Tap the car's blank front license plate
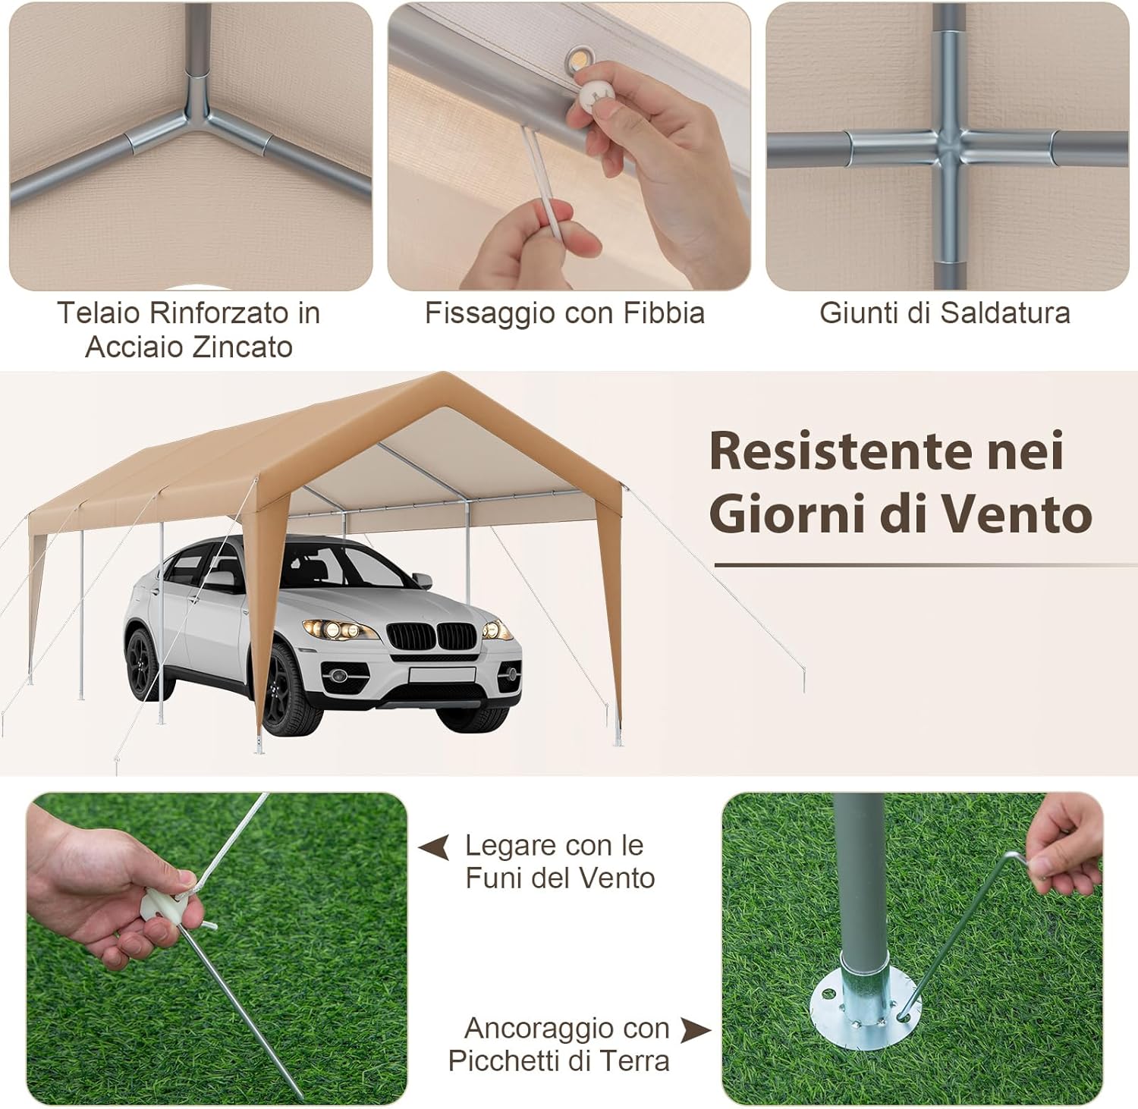tap(442, 675)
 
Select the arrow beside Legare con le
tap(435, 847)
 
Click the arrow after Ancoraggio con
tap(695, 1029)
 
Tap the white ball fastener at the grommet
tap(593, 96)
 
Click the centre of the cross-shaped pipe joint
tap(948, 146)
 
